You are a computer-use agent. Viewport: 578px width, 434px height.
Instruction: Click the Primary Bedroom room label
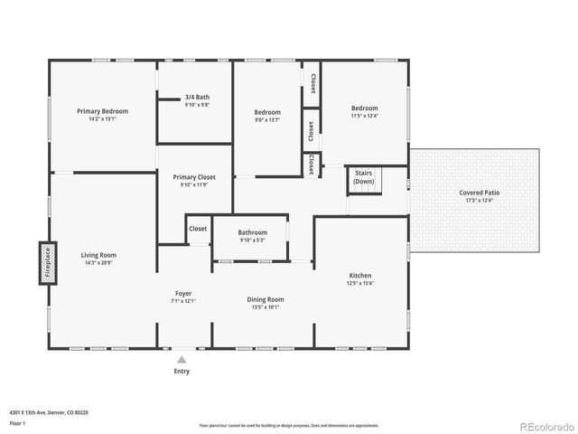(x=102, y=111)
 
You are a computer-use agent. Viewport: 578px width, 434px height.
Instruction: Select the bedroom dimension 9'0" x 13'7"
(x=267, y=119)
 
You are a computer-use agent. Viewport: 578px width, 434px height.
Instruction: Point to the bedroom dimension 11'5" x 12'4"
(x=365, y=116)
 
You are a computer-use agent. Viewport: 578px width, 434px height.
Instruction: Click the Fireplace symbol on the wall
(x=46, y=263)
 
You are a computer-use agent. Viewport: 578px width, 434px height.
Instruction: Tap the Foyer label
(x=183, y=294)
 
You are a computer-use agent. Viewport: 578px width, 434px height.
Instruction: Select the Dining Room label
(x=266, y=299)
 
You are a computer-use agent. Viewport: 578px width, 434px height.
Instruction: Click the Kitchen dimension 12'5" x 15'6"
(x=360, y=283)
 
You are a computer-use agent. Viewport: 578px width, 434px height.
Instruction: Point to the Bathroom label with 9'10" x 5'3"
(x=253, y=233)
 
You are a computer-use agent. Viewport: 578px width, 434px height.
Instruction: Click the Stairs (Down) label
(x=364, y=176)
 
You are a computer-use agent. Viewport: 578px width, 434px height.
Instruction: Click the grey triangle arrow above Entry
(x=182, y=359)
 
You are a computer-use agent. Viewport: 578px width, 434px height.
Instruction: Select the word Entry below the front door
(x=182, y=371)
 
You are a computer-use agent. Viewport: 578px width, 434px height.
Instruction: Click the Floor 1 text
(x=17, y=422)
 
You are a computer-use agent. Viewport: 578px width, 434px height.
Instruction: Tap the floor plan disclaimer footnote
(x=288, y=425)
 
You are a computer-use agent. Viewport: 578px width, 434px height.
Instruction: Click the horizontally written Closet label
(x=198, y=229)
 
